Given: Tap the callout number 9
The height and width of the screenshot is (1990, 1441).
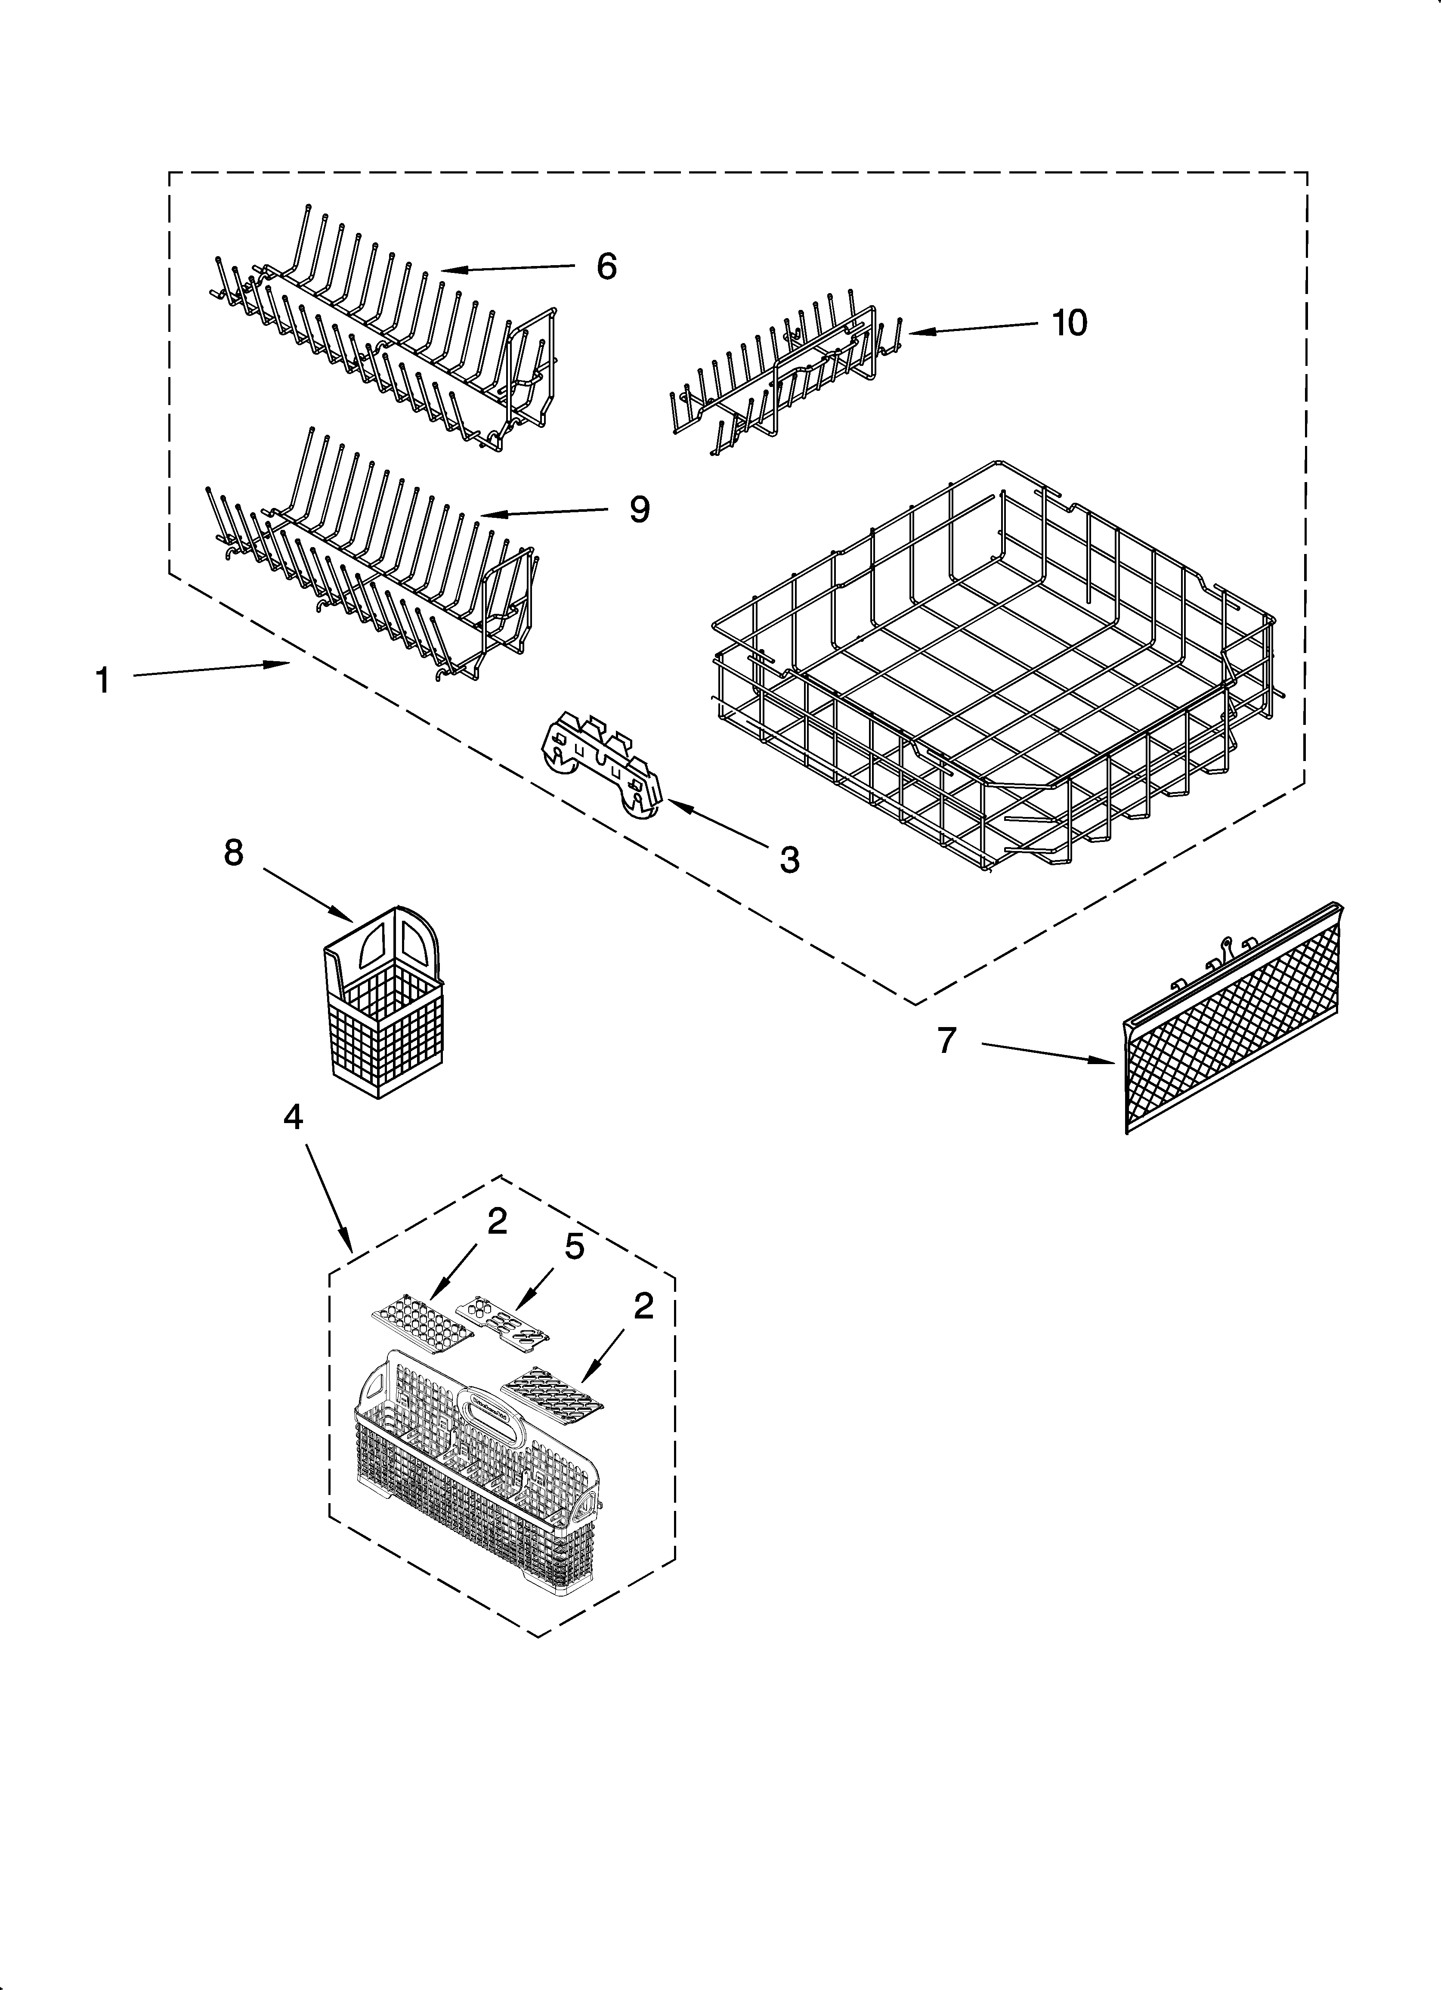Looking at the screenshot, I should (x=640, y=509).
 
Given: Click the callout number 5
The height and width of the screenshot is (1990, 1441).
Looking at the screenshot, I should (x=574, y=1247).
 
